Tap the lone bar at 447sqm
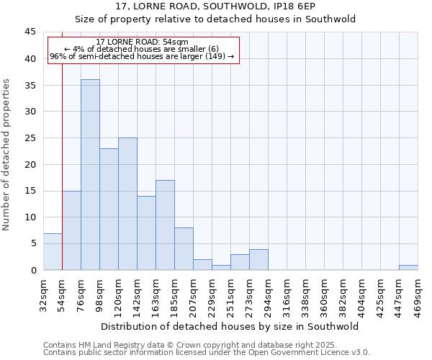click(x=408, y=267)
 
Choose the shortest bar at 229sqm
click(x=221, y=267)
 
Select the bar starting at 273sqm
click(x=258, y=259)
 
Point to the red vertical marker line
click(x=63, y=144)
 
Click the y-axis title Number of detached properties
click(x=7, y=154)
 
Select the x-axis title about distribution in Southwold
click(x=230, y=326)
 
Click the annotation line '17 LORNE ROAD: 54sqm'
click(x=142, y=42)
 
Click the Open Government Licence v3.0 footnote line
click(x=207, y=352)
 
